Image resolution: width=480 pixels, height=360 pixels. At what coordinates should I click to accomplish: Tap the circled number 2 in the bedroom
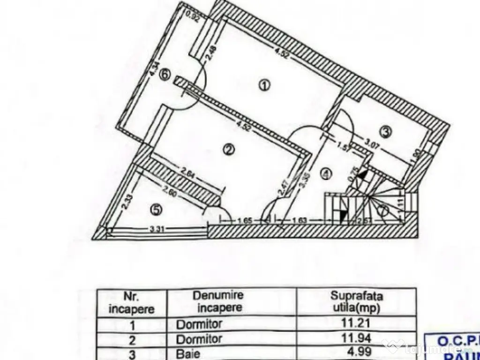click(228, 150)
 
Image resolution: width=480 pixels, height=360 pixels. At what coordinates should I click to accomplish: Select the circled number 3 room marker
click(385, 132)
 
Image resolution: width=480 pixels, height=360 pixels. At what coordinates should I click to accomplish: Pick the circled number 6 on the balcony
click(164, 74)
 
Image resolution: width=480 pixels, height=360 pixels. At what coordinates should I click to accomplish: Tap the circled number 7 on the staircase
click(383, 212)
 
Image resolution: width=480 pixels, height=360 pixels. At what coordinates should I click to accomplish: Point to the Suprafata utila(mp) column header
click(356, 301)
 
